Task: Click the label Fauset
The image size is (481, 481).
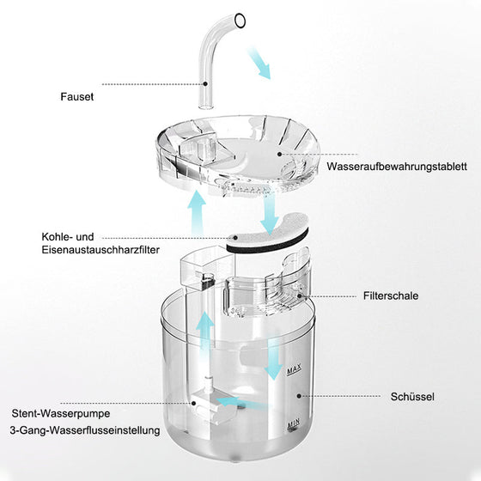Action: point(76,96)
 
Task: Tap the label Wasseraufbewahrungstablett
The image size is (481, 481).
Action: point(397,167)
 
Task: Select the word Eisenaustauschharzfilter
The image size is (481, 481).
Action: point(100,250)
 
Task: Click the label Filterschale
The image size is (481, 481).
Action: point(391,295)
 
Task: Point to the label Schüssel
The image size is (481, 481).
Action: point(412,397)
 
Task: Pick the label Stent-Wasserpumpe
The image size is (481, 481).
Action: point(61,413)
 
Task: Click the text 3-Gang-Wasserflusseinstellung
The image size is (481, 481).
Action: point(85,430)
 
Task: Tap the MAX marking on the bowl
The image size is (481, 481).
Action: point(294,369)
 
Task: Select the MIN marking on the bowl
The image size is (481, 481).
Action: point(293,424)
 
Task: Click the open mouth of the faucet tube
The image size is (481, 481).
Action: point(240,21)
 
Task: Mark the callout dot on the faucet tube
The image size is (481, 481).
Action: point(205,83)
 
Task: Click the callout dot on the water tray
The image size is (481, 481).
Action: point(279,154)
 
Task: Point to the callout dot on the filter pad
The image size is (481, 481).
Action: point(235,237)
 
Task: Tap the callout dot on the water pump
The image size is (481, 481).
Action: point(194,403)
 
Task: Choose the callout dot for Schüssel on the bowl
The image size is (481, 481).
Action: point(299,396)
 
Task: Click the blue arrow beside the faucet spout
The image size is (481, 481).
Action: point(259,63)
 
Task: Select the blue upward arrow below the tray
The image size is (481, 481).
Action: point(197,212)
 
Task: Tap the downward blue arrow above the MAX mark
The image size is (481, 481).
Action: point(272,359)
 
